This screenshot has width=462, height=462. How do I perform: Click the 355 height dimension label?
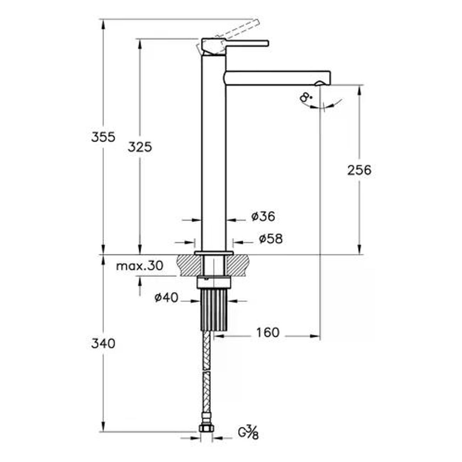pos(103,138)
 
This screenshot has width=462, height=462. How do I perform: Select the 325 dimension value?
pos(140,147)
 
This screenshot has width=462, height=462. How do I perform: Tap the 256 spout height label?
pos(359,170)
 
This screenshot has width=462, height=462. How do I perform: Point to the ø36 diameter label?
pos(263,217)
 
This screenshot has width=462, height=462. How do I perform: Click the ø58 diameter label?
pos(271,239)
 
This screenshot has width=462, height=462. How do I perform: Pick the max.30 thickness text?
pos(140,266)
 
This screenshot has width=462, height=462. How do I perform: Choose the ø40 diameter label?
pos(166,298)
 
